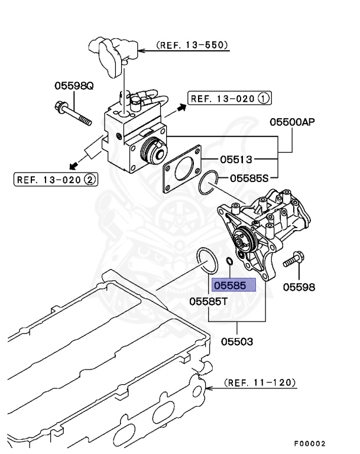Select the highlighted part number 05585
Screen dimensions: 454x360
coord(233,286)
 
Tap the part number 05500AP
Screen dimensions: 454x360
coord(292,122)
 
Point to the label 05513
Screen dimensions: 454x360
coord(236,159)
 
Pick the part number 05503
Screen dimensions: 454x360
coord(237,342)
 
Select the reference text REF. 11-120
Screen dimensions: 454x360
coord(260,382)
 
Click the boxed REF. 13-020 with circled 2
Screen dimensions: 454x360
coord(56,179)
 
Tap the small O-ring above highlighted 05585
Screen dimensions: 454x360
coord(228,261)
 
